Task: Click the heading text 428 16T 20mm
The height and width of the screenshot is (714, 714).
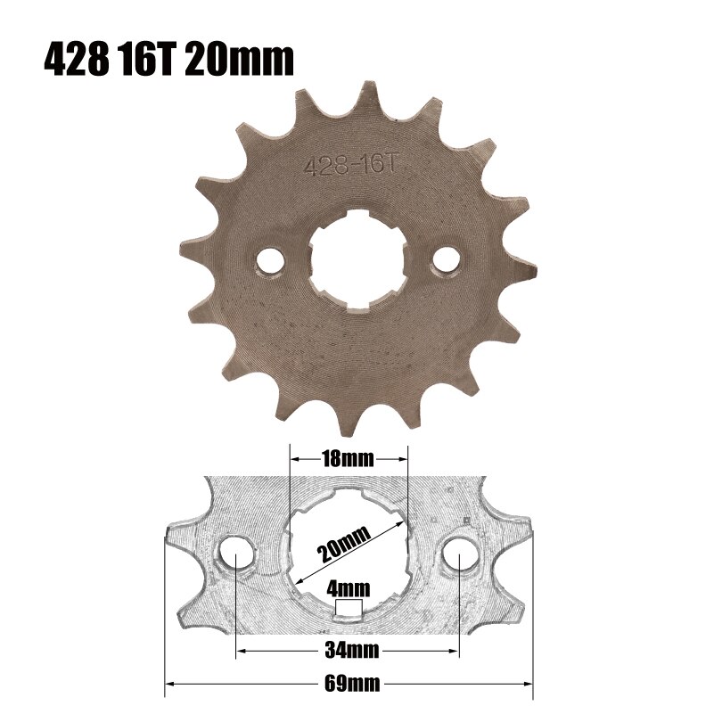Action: point(168,59)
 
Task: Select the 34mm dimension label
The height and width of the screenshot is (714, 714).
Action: point(348,652)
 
